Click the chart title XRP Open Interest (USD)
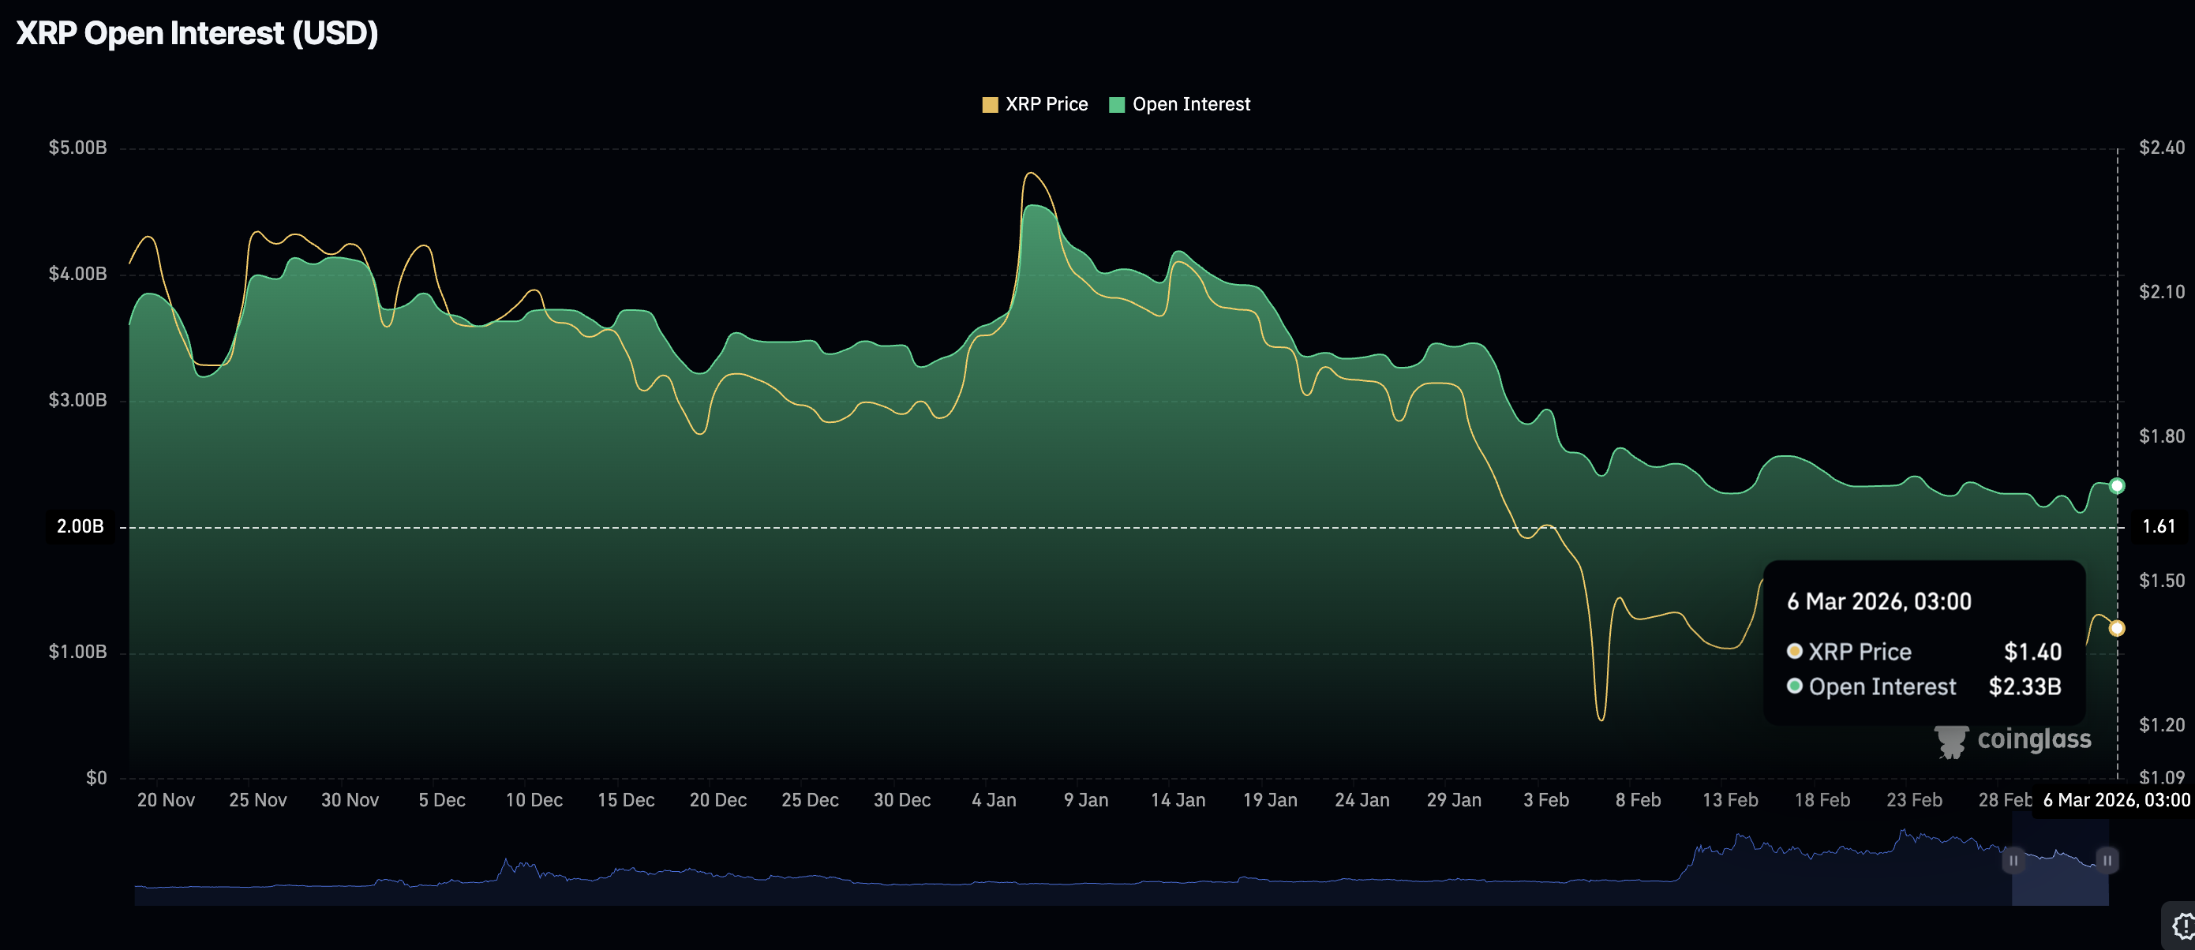197,33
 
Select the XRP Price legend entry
1036,104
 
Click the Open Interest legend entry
1180,104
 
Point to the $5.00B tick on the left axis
77,148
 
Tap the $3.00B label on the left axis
77,399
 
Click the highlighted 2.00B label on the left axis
80,525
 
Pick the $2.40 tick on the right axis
2162,148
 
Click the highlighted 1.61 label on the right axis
2159,525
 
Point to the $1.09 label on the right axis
2162,776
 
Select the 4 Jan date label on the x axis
994,800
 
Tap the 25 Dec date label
810,800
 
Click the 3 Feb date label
1545,800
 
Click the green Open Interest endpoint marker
2117,485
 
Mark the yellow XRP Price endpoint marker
2117,628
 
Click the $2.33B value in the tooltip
2025,686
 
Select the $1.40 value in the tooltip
2032,652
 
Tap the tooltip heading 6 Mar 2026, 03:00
1878,601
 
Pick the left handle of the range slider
2013,861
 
